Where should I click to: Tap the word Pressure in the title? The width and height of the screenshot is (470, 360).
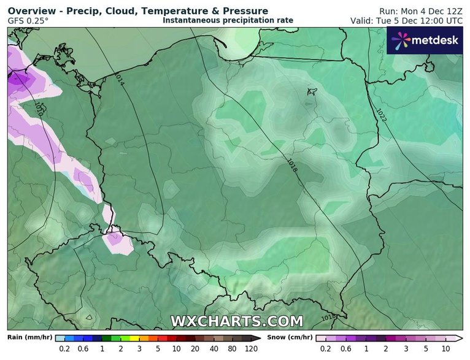pyautogui.click(x=242, y=11)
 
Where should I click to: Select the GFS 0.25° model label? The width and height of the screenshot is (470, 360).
pyautogui.click(x=28, y=21)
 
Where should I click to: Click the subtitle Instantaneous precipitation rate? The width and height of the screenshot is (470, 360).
pyautogui.click(x=228, y=20)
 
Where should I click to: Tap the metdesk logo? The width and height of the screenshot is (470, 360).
pyautogui.click(x=425, y=41)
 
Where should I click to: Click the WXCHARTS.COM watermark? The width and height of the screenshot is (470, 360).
pyautogui.click(x=236, y=321)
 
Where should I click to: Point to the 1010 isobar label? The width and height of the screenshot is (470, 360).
pyautogui.click(x=39, y=110)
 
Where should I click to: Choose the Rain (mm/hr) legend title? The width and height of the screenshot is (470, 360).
pyautogui.click(x=29, y=337)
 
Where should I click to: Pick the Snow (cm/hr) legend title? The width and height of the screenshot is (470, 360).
pyautogui.click(x=290, y=337)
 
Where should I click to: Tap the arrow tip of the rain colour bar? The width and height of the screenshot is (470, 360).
pyautogui.click(x=264, y=338)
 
